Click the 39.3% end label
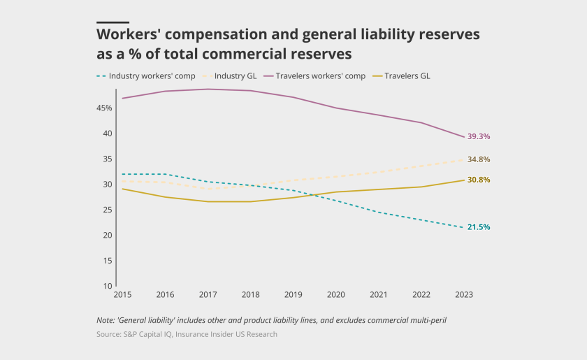[x=478, y=136]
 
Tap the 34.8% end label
[x=478, y=159]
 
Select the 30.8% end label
[x=478, y=180]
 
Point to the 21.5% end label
[x=478, y=227]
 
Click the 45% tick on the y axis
[x=105, y=108]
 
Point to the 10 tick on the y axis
[x=108, y=286]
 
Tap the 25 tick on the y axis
[x=108, y=210]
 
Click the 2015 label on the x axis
[x=123, y=295]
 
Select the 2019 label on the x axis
[x=293, y=295]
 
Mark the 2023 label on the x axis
[x=464, y=295]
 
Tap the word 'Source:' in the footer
[x=110, y=334]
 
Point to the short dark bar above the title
[x=113, y=22]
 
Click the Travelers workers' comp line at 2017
[x=208, y=89]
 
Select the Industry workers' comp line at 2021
[x=379, y=212]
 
